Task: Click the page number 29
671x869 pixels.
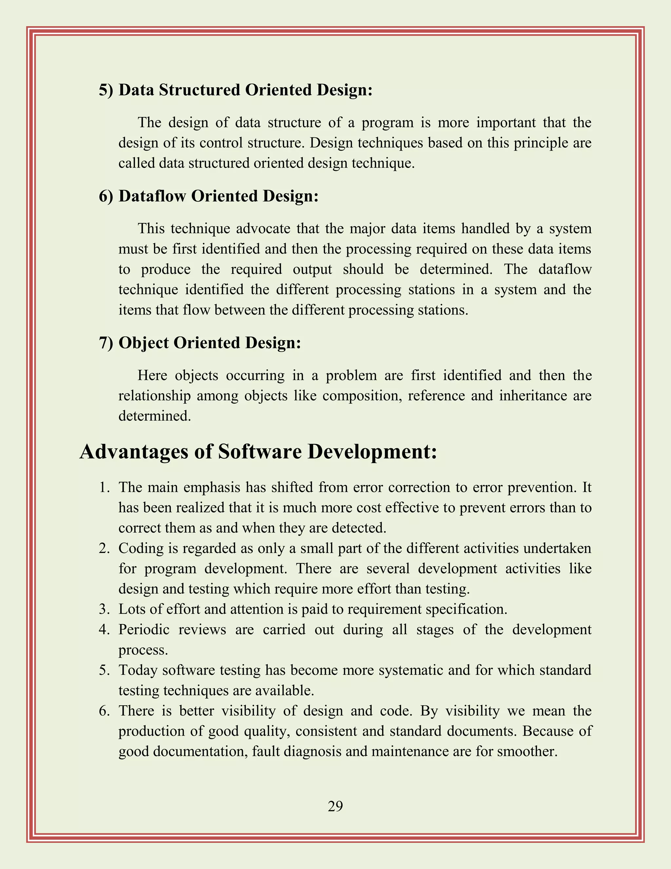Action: point(335,806)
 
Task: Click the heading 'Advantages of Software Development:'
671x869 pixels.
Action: point(259,452)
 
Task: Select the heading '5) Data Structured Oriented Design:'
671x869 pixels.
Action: point(236,90)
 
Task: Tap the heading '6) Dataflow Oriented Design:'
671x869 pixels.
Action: point(209,196)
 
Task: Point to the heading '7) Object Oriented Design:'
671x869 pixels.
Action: point(200,343)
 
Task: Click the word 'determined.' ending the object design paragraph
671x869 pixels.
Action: point(155,416)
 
